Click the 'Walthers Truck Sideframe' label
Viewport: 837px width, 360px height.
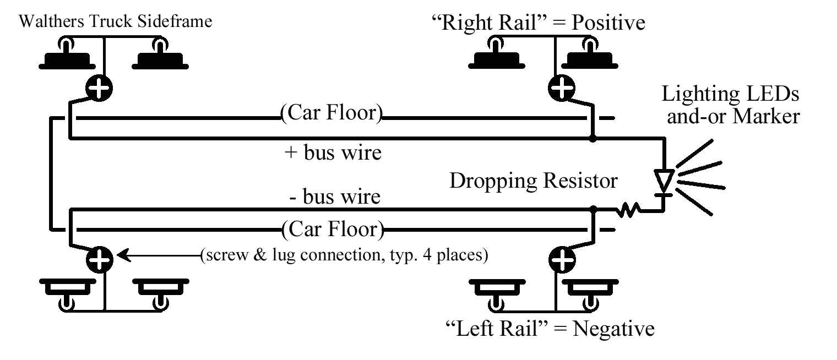click(115, 22)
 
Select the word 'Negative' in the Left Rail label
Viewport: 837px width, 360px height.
click(614, 329)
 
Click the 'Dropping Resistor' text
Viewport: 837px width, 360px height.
click(534, 181)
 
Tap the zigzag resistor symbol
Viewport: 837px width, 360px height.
click(628, 210)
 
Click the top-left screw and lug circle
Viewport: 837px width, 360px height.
click(99, 87)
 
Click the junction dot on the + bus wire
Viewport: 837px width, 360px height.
click(593, 138)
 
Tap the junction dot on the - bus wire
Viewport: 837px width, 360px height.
click(593, 210)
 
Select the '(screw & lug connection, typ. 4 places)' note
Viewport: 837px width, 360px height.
click(344, 256)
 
